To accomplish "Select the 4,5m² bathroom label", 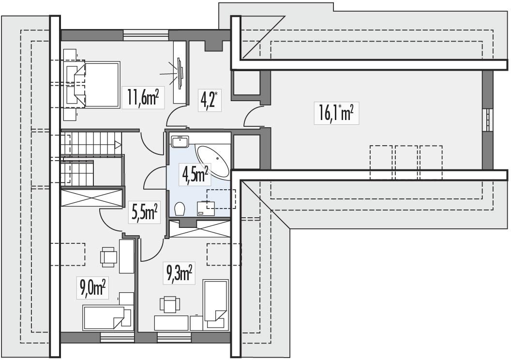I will pos(195,175).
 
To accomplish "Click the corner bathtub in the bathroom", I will pos(214,161).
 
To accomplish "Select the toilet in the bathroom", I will pos(180,209).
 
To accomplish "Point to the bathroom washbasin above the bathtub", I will pos(180,141).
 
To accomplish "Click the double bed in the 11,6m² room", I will pos(97,85).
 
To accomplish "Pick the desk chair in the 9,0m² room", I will pos(108,256).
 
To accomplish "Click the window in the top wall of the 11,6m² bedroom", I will pos(146,35).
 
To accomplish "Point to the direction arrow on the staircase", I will pos(117,144).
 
